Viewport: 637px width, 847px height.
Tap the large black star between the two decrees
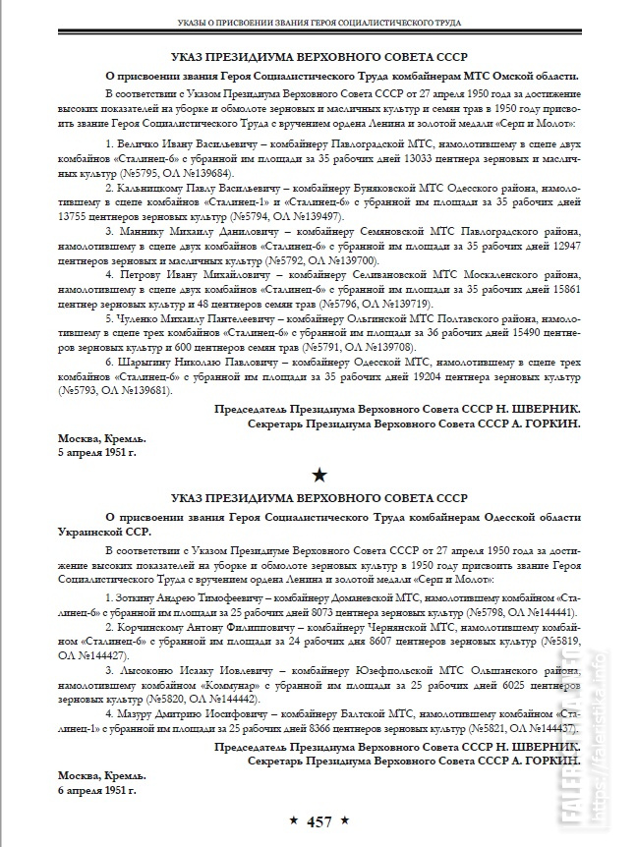318,476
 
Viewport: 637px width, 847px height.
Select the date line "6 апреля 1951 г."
96,789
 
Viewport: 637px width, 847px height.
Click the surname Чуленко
141,319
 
